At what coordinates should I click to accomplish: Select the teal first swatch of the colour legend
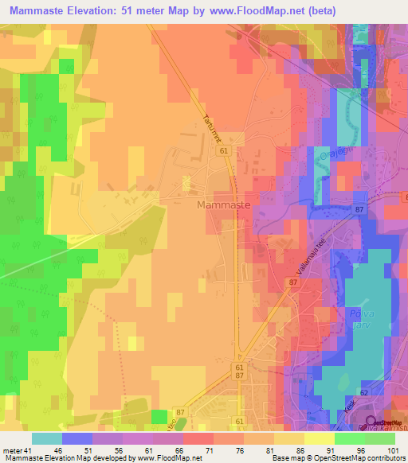click(x=46, y=438)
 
